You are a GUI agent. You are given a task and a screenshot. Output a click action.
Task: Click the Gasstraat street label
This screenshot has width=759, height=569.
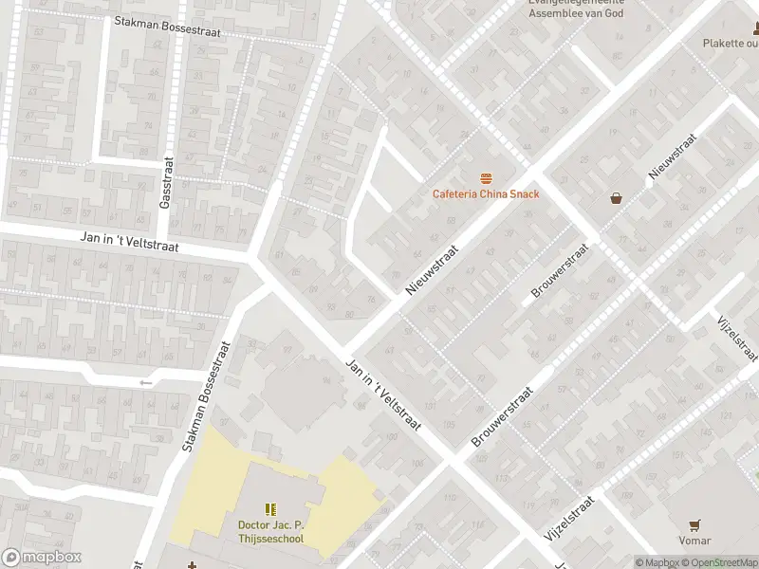[165, 183]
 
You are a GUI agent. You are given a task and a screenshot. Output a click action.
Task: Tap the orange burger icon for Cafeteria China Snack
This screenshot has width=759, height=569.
[486, 178]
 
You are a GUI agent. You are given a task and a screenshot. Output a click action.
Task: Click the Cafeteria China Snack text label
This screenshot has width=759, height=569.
[486, 194]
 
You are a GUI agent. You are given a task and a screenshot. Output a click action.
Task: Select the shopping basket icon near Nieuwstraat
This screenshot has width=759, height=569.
[617, 198]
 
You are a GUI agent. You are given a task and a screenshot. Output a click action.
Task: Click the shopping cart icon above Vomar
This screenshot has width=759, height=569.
[695, 523]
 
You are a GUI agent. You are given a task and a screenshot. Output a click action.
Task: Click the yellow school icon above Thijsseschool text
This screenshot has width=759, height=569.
[269, 509]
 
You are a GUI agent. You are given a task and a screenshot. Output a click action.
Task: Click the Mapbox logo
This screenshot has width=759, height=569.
[41, 558]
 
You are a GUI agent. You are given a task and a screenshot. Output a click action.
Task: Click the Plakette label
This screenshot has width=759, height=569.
[731, 43]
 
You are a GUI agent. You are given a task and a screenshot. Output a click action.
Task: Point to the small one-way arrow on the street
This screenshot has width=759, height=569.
[145, 382]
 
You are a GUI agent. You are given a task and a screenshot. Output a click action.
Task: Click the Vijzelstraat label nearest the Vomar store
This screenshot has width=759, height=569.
[569, 520]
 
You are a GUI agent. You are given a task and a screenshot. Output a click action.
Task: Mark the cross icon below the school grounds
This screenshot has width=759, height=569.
[193, 565]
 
